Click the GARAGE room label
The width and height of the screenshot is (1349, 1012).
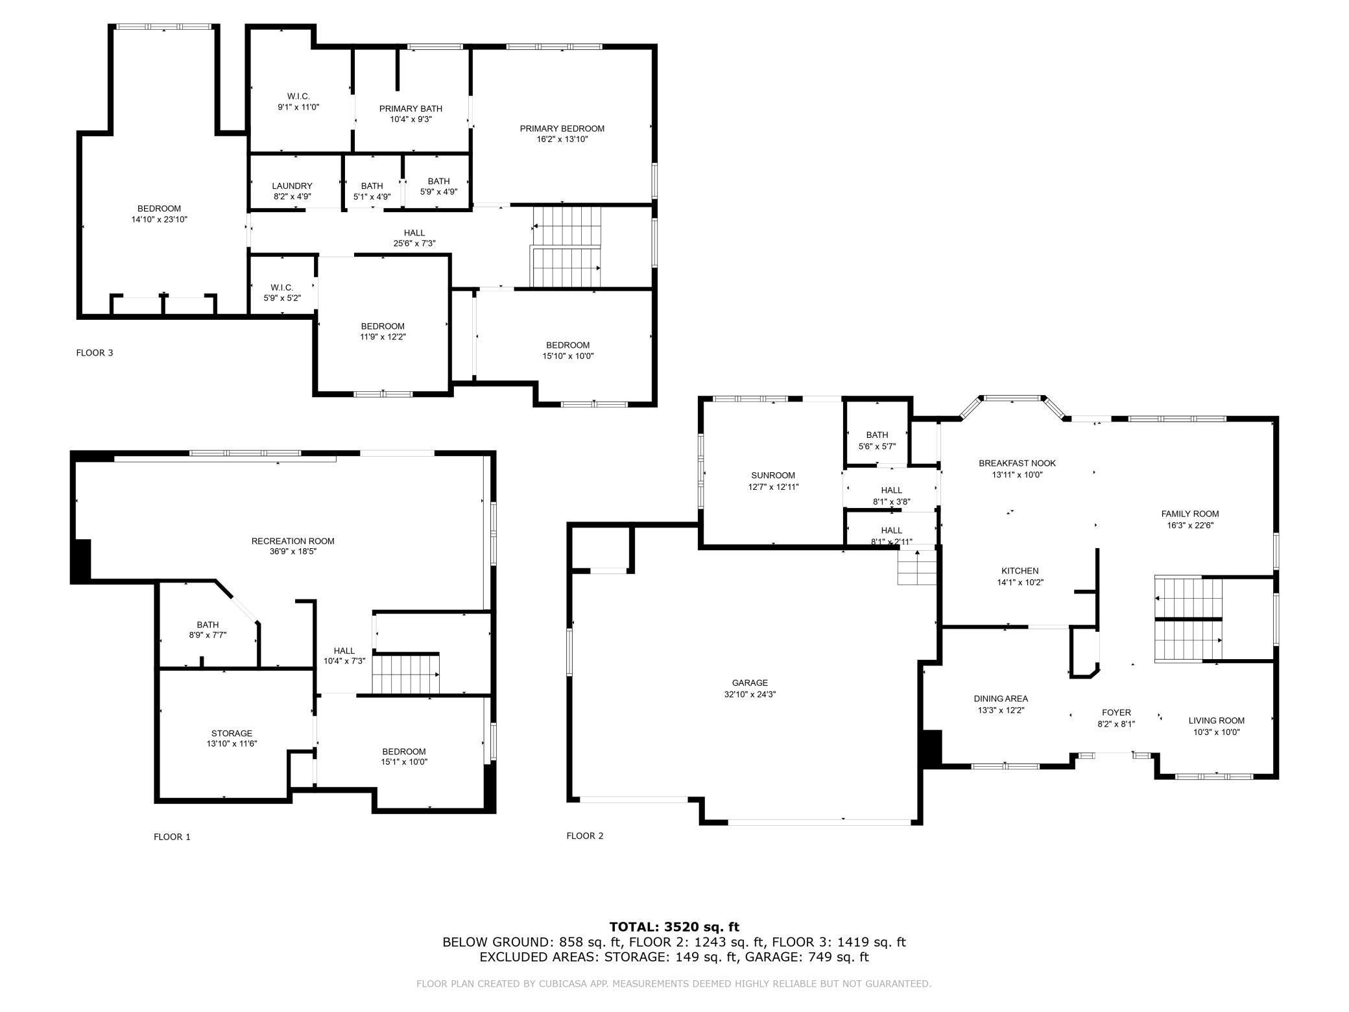point(750,682)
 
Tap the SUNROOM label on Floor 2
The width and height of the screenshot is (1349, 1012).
point(773,476)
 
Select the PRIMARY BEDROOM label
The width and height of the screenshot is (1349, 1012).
point(562,128)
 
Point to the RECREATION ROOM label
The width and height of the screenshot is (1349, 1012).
point(293,541)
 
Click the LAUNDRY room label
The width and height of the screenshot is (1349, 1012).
point(292,186)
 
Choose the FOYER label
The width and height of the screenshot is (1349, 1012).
point(1116,712)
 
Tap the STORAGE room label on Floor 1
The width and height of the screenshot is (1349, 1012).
point(232,733)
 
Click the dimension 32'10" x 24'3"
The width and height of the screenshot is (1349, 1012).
point(750,694)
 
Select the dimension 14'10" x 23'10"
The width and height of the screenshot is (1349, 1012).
point(159,219)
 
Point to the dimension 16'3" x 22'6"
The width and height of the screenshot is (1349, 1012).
point(1190,525)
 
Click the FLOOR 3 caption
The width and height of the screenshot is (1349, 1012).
point(95,353)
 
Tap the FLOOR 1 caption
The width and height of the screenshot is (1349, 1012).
point(172,837)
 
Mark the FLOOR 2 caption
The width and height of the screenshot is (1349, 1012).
point(585,836)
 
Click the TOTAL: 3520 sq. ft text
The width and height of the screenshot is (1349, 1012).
point(674,927)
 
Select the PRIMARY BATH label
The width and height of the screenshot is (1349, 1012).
point(411,108)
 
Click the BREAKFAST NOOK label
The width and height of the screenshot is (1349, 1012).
point(1017,463)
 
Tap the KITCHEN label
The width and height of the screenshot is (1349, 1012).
point(1020,571)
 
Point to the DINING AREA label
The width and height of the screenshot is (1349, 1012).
point(1001,699)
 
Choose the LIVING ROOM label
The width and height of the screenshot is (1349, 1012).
point(1217,720)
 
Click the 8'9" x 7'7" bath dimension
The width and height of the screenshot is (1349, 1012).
point(208,636)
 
